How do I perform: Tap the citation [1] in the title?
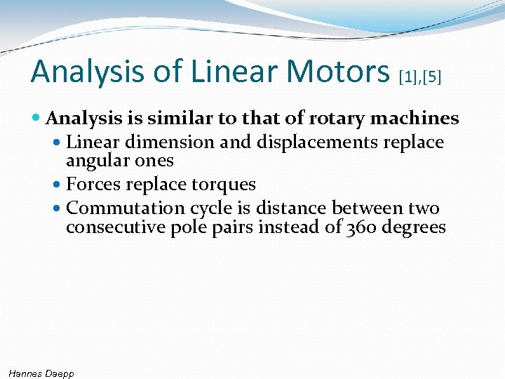[408, 76]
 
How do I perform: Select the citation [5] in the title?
[431, 76]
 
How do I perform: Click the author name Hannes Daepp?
[41, 373]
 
